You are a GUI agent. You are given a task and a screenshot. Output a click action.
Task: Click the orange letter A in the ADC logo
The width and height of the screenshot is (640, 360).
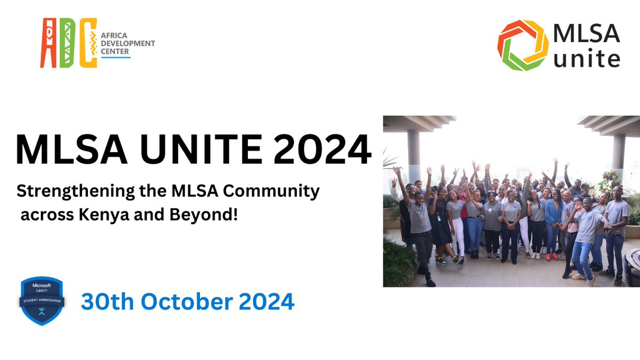tap(49, 43)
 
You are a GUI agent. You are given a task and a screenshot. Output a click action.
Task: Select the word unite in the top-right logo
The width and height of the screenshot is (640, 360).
tap(587, 58)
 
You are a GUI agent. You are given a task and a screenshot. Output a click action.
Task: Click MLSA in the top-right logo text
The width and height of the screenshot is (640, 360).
tap(587, 33)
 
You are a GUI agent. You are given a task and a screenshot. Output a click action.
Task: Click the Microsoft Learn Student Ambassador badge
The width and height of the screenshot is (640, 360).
tap(42, 301)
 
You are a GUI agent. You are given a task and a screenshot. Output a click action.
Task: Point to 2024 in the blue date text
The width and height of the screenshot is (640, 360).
tap(267, 302)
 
